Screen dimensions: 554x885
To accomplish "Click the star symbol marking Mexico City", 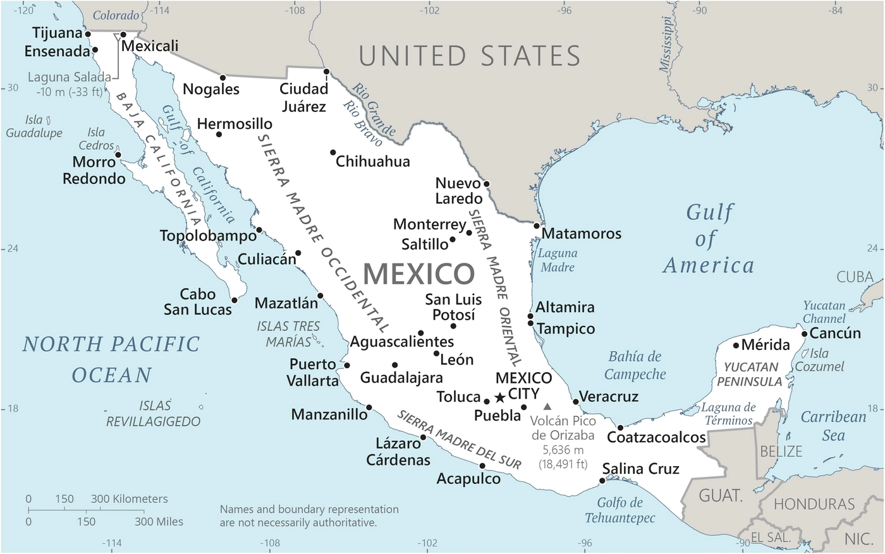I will [499, 397].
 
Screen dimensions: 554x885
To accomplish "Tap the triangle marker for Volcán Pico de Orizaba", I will [547, 406].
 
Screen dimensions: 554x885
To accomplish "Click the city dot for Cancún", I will [804, 334].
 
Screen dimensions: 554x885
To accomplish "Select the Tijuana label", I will [58, 33].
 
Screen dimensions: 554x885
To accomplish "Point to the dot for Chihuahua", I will [333, 152].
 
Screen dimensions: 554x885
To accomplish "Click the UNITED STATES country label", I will [469, 56].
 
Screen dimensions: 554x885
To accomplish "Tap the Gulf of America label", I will [708, 239].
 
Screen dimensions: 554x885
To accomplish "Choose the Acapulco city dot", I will [482, 466].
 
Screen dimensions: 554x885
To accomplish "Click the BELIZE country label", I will [781, 452].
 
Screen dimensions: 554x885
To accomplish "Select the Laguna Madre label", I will [558, 260].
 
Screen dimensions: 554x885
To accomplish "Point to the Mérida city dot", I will [736, 345].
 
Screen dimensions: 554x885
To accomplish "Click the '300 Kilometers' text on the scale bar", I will [130, 499].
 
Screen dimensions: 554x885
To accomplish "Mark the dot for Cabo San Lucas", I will [235, 300].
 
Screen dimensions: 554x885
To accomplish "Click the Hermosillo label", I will [235, 124].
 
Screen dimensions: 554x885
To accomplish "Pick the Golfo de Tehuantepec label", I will [619, 510].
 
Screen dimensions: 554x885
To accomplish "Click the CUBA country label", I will [855, 277].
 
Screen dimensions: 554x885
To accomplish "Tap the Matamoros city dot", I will [537, 226].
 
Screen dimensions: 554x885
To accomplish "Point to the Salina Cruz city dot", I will [601, 481].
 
